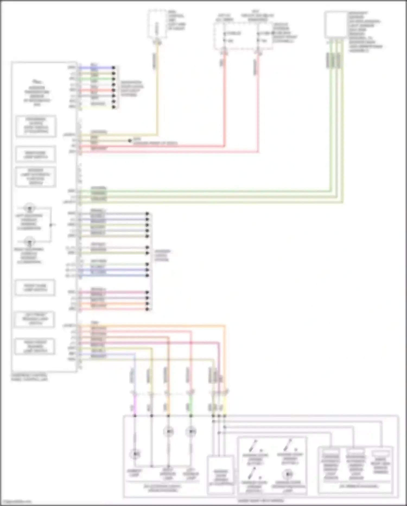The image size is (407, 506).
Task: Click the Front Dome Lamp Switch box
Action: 35,288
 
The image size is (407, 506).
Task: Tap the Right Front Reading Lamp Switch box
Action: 35,346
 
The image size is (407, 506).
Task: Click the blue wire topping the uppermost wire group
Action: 98,67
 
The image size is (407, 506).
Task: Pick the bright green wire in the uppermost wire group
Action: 98,79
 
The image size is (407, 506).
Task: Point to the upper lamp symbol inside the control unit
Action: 29,208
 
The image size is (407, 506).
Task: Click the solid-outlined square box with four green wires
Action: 336,24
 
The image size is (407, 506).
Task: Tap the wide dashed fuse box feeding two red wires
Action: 243,36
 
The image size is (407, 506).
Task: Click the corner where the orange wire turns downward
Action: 225,325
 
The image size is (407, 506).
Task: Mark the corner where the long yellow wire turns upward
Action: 157,135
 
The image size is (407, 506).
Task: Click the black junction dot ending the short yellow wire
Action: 130,141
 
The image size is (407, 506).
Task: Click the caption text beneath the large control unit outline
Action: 29,377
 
